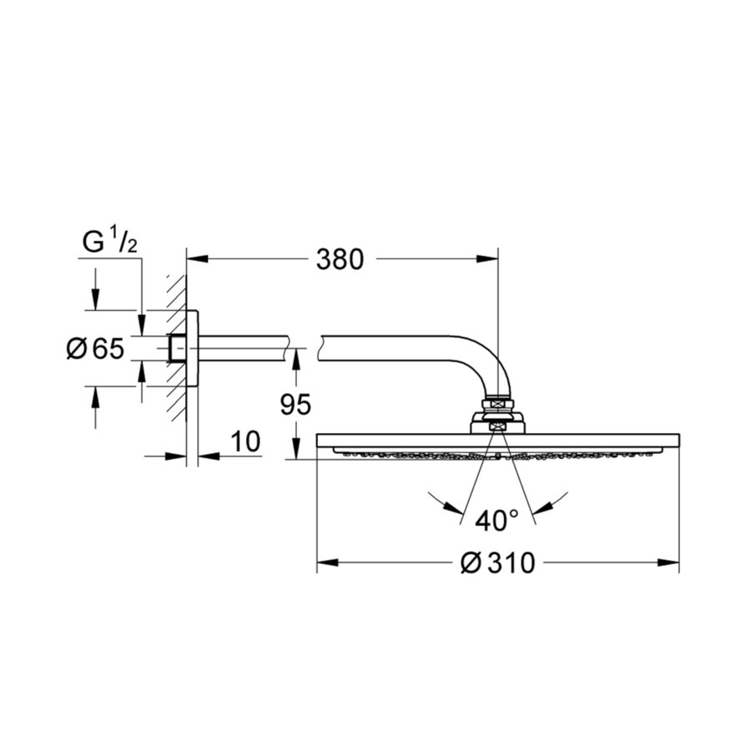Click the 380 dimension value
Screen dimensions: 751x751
[x=340, y=260]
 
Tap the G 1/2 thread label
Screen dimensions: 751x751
[x=110, y=243]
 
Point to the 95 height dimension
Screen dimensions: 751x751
[x=295, y=405]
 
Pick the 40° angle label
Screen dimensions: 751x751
[x=497, y=522]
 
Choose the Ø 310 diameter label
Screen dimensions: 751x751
[x=497, y=565]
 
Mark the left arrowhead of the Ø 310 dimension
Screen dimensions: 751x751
[x=326, y=565]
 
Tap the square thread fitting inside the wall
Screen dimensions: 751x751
[x=177, y=349]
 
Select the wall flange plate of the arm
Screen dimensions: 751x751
[x=192, y=349]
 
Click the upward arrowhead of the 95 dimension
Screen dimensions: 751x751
[x=295, y=357]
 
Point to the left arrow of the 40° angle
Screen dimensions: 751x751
[x=451, y=505]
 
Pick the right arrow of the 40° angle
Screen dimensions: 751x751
[x=544, y=505]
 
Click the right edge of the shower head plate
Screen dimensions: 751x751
[x=677, y=440]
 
